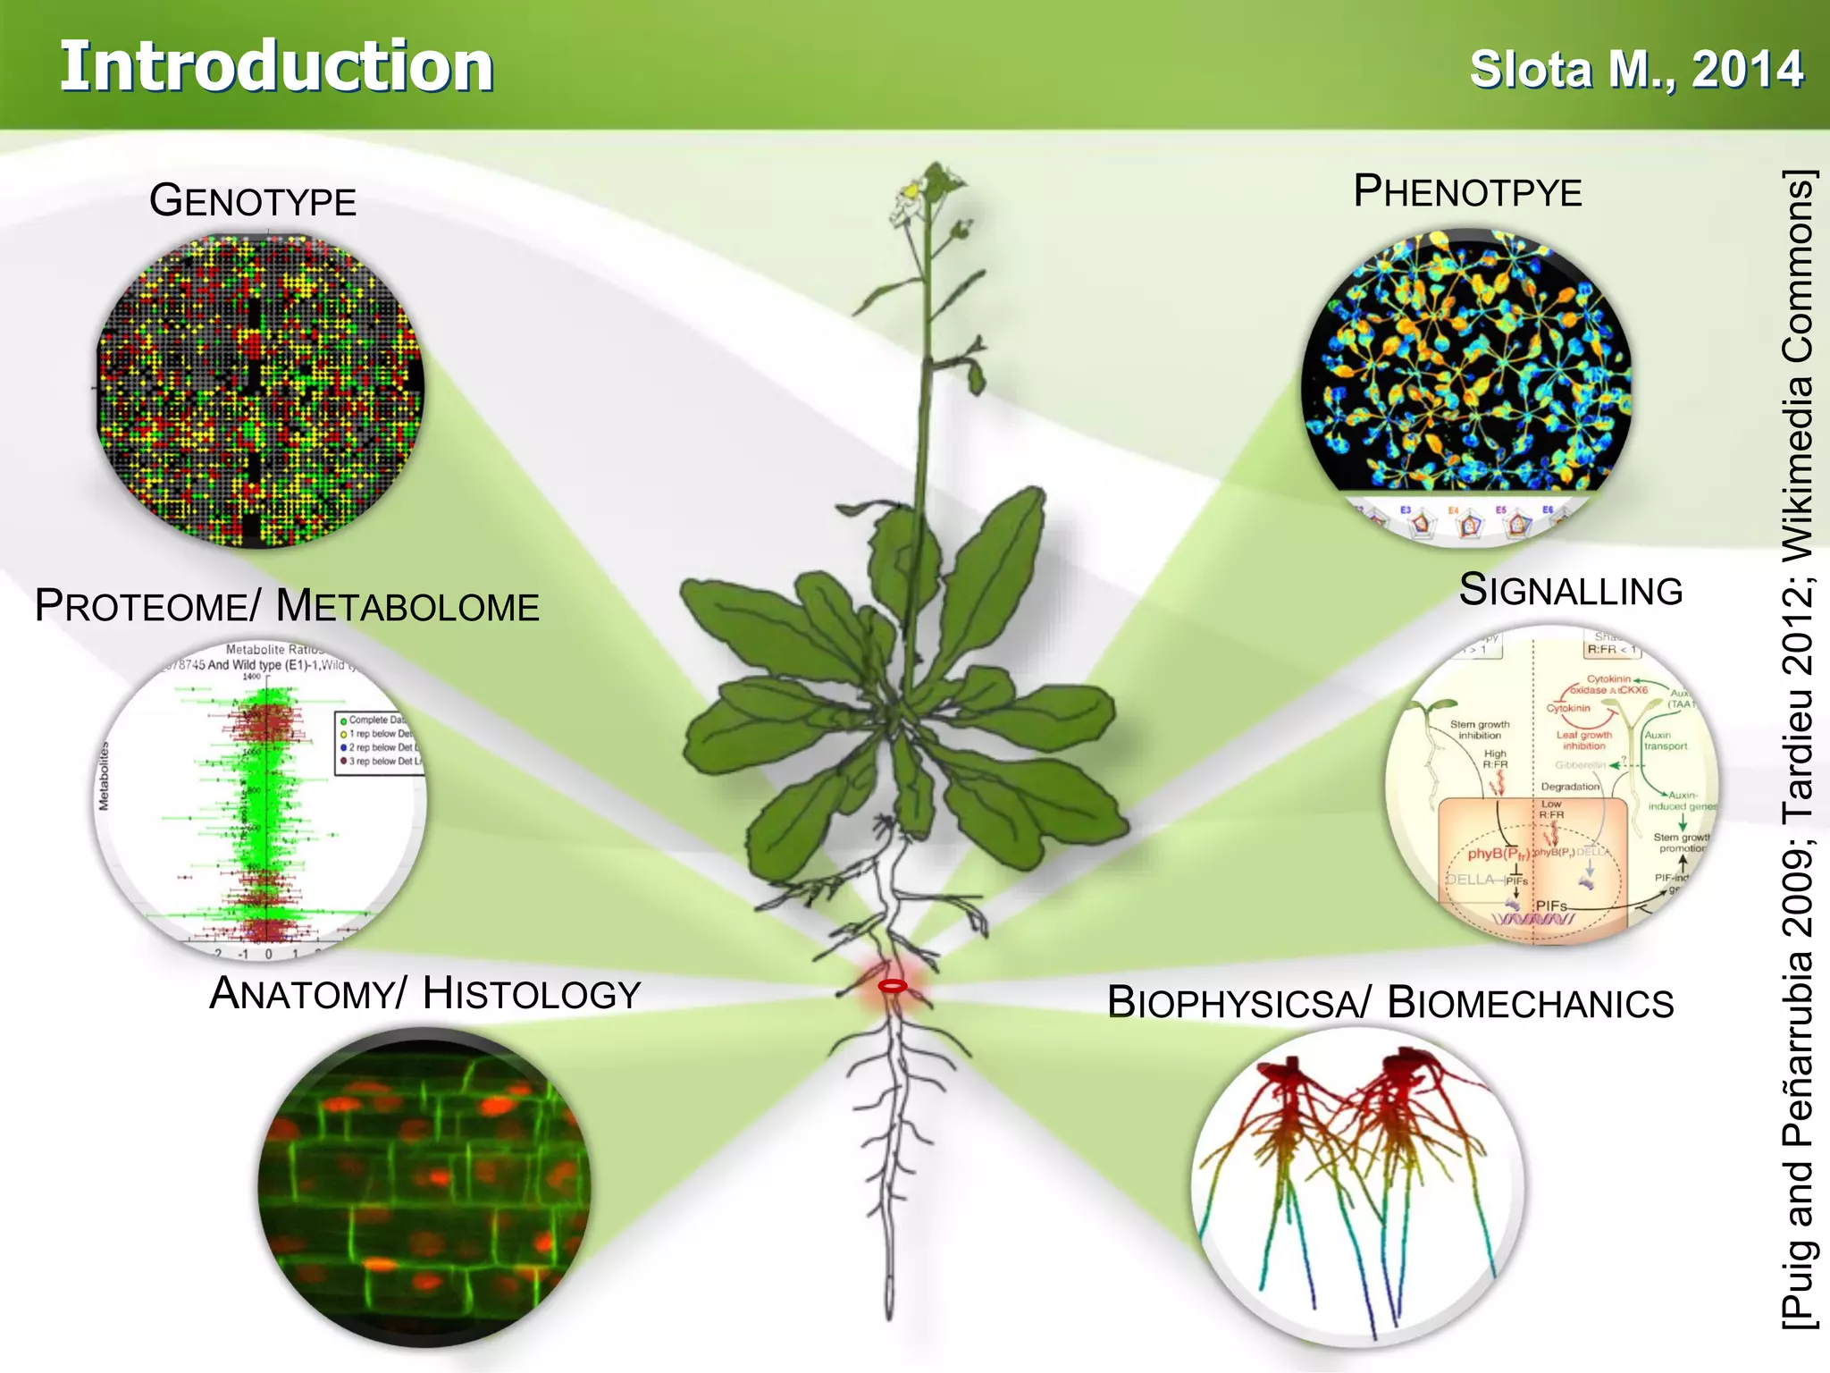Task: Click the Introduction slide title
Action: [x=276, y=67]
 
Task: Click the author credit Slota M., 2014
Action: [x=1636, y=70]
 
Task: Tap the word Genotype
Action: [x=253, y=200]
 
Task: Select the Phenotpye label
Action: [x=1467, y=191]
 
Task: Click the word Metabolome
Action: [x=407, y=606]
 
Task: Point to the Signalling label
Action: [x=1570, y=590]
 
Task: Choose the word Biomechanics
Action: [x=1530, y=1002]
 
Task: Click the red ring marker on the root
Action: [x=892, y=986]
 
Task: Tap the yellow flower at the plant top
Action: [x=911, y=190]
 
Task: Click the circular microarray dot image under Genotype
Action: [x=259, y=391]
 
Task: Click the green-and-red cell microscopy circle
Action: [x=424, y=1187]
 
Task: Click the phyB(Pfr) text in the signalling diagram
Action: [x=1498, y=854]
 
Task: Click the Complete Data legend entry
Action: [x=375, y=720]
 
